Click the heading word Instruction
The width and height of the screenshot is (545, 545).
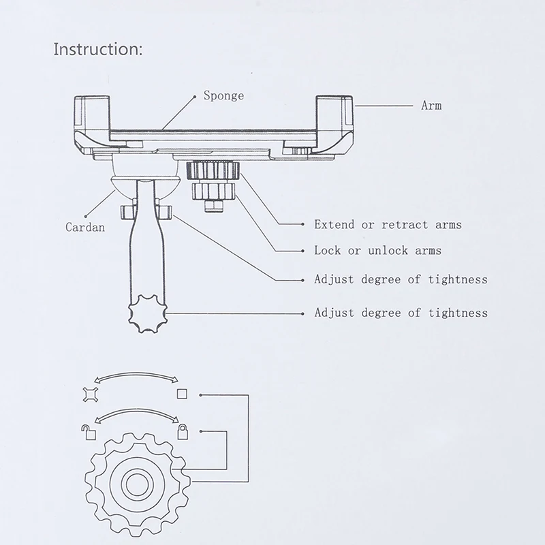pos(98,50)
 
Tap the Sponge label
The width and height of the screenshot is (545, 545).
pos(223,95)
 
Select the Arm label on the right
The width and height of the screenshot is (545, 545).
pos(431,106)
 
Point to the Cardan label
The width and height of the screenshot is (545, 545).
pos(86,227)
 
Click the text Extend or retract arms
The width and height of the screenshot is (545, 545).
pos(388,224)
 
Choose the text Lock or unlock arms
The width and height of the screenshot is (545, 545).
pos(377,250)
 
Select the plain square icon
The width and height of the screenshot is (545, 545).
pos(182,394)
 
